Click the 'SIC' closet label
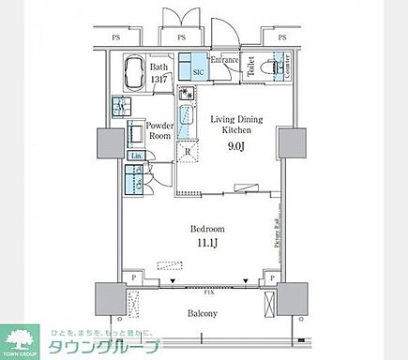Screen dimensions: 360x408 [199, 72]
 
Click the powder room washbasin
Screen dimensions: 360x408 [136, 132]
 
